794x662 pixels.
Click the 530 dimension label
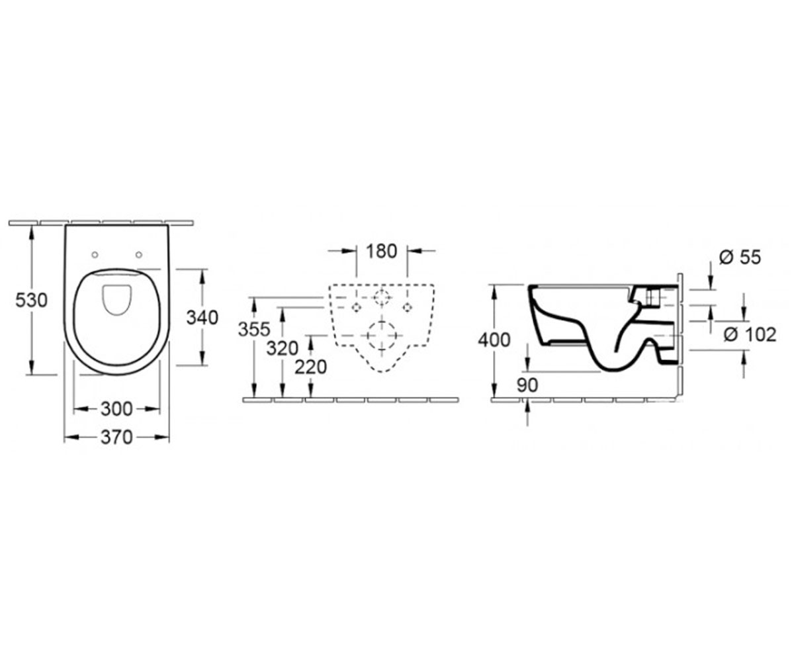point(31,301)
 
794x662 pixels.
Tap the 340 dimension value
point(202,318)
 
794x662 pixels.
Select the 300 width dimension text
point(116,409)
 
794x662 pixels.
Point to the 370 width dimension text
point(116,437)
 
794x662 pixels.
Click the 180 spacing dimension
point(381,251)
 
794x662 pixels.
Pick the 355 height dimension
point(254,329)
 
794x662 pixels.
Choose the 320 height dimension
point(282,348)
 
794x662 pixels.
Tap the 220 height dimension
point(311,367)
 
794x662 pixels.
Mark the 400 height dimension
point(494,340)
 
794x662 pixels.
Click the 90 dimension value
point(527,385)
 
